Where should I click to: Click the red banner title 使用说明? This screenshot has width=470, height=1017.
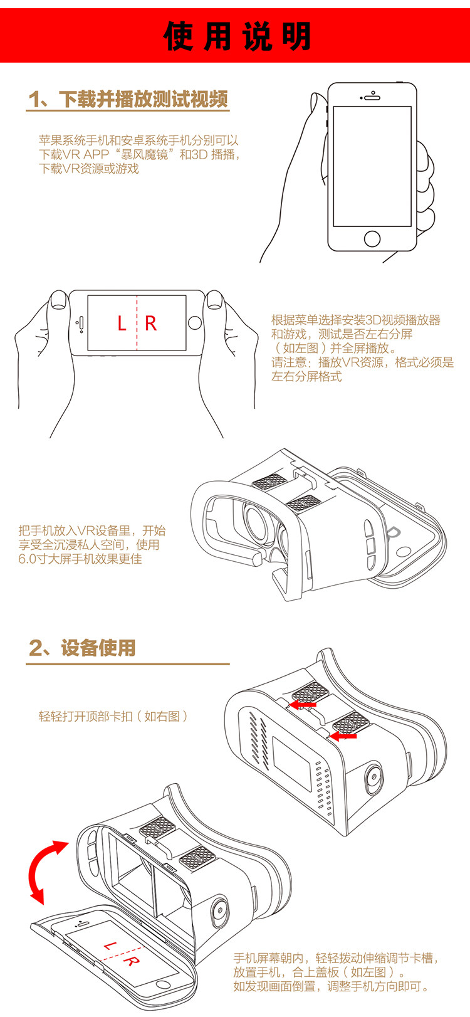pos(237,36)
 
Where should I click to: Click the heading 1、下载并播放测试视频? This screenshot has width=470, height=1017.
pos(128,99)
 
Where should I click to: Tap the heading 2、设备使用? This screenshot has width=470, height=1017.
pos(82,648)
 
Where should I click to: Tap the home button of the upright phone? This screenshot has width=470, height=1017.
pos(372,238)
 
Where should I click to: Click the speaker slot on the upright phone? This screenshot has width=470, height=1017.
pos(372,97)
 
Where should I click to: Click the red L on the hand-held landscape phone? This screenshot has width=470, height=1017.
pos(122,324)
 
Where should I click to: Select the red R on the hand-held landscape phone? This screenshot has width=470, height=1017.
pos(150,324)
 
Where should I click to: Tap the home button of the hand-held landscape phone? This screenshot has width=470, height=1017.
pos(195,324)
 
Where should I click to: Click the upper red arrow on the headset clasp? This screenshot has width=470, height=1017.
pos(303,705)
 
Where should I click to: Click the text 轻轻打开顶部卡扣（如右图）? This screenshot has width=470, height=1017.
pos(113,716)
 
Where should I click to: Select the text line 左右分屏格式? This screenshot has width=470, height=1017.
pos(306,377)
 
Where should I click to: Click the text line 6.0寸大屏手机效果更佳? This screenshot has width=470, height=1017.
pos(80,559)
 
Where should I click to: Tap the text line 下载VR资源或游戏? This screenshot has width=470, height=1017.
pos(89,169)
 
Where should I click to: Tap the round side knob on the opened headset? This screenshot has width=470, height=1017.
pos(219,912)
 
